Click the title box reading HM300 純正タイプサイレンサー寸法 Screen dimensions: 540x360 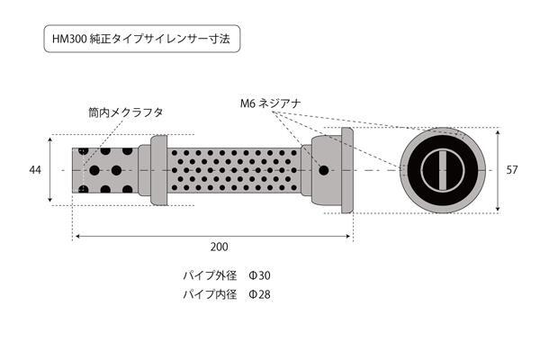(x=142, y=39)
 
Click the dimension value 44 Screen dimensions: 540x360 (x=35, y=170)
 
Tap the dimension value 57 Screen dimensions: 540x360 (x=512, y=170)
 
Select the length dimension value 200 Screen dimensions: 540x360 (x=219, y=247)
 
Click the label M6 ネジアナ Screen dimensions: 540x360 (x=271, y=103)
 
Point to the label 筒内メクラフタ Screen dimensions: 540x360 (x=125, y=112)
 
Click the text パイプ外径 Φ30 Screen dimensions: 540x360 (x=227, y=275)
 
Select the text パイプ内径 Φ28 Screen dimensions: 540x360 (x=227, y=294)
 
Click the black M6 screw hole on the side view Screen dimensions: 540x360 (x=323, y=170)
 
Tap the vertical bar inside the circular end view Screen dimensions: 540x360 (x=443, y=170)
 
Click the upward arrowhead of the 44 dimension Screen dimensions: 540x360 (x=50, y=139)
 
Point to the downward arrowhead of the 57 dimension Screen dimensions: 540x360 (x=498, y=208)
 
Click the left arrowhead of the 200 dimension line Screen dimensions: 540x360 (x=78, y=237)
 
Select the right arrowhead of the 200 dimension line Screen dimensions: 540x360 (x=347, y=237)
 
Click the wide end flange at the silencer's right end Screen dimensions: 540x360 (x=347, y=170)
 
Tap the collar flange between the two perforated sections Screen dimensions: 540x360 (x=158, y=170)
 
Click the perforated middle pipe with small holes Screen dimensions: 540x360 (x=234, y=170)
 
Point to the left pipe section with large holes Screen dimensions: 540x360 (x=105, y=170)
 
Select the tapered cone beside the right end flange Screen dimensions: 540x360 (x=327, y=170)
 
